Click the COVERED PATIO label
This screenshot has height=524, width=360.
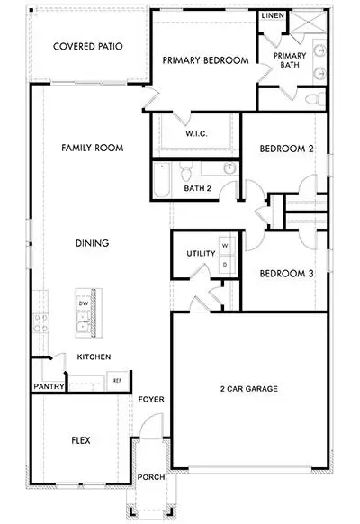tap(88, 46)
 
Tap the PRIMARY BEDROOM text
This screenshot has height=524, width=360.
tap(205, 60)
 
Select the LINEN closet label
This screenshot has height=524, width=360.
tap(273, 15)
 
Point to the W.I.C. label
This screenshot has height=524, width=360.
tap(197, 133)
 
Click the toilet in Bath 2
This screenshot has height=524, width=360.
tap(185, 171)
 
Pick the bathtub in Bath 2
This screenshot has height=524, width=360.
tap(162, 180)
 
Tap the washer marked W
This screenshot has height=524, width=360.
tap(227, 246)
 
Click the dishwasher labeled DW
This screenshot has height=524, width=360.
tap(83, 303)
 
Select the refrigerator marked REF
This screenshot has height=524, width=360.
tap(117, 380)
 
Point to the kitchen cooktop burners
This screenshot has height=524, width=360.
tap(40, 323)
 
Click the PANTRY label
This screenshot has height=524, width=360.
tap(49, 386)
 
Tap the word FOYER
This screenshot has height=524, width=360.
tap(151, 400)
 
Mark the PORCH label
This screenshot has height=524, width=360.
tap(151, 477)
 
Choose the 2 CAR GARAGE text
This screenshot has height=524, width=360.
tap(249, 389)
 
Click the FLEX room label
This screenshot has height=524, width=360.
tap(81, 440)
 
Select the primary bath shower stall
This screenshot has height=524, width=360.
tap(308, 23)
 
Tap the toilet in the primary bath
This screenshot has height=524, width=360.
tap(315, 99)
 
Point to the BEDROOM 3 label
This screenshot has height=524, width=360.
tap(286, 274)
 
